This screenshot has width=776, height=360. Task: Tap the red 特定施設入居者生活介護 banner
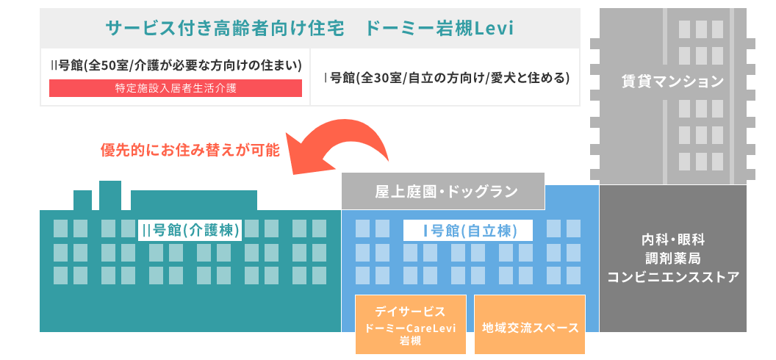(176, 88)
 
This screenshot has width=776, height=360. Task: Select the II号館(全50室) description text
(176, 65)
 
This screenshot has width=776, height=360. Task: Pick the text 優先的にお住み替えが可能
(190, 150)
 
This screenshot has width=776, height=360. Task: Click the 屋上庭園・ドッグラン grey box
(442, 192)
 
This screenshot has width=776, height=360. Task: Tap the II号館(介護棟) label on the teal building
(190, 229)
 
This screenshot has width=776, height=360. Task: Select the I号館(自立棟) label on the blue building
(468, 229)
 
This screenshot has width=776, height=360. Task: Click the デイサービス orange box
(410, 323)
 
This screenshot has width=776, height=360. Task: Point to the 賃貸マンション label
(672, 81)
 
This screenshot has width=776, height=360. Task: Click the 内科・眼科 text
(672, 240)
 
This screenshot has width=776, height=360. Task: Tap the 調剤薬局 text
(672, 259)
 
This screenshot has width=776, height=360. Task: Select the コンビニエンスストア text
(672, 278)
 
